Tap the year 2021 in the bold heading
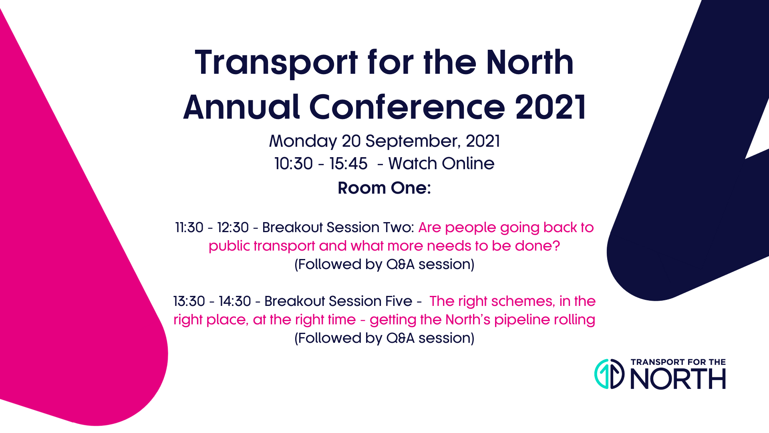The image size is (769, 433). tap(551, 107)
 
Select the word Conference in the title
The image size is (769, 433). tap(407, 107)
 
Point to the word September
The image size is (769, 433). tap(413, 141)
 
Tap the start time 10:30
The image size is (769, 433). tap(294, 164)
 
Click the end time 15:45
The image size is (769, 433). tap(348, 164)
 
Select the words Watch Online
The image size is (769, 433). tap(441, 164)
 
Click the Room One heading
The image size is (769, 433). tap(384, 188)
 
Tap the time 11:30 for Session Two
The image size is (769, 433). tap(189, 227)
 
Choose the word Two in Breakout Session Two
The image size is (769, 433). tap(399, 227)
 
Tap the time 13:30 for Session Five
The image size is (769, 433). tap(189, 301)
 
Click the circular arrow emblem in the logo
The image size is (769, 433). tap(609, 374)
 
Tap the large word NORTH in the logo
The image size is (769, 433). tap(678, 379)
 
